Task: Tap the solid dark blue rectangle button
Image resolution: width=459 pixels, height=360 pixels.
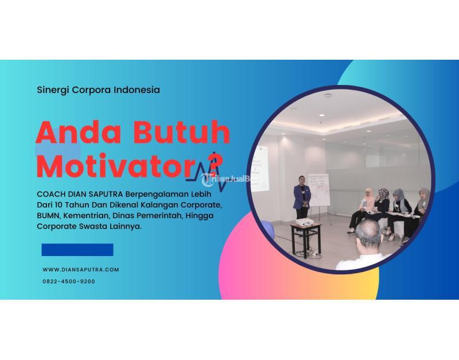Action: pos(77,250)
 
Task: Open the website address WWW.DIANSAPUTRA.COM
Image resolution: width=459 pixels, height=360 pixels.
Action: pos(81,269)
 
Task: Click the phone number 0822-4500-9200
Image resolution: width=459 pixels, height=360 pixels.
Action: pos(69,281)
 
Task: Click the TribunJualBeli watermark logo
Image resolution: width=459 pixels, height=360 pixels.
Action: pos(229,178)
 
